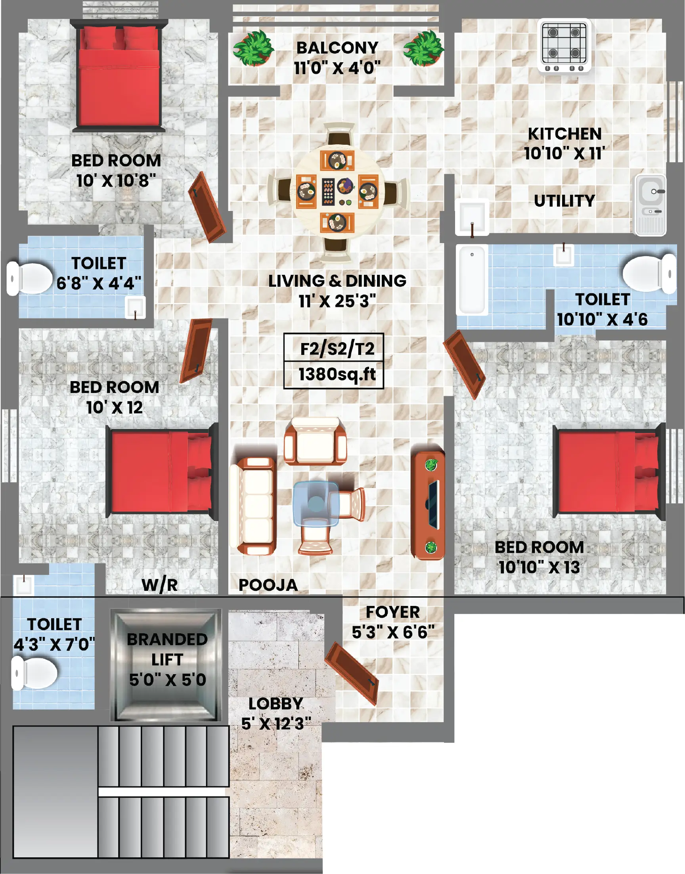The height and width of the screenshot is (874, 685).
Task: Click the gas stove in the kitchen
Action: point(564,46)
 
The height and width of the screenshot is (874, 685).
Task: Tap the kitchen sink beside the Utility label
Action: point(651,205)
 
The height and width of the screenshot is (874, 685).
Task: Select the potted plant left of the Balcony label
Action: point(253,48)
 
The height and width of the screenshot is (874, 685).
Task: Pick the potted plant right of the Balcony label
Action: point(423,48)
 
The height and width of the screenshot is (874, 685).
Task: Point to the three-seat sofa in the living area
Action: point(253,506)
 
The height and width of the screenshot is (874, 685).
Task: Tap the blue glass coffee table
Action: point(316,503)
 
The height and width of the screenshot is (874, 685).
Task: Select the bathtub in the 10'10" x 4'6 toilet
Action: point(473,280)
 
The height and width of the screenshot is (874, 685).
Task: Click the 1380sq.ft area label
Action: point(337,374)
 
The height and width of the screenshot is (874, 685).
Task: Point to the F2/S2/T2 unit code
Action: point(337,348)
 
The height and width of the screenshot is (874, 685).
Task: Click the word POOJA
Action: point(268,585)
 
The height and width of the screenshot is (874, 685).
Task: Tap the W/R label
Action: point(160,585)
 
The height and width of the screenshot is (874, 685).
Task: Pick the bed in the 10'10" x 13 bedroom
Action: point(609,471)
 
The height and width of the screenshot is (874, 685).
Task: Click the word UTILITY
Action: point(564,201)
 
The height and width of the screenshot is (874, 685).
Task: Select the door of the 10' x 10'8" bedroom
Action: point(207,207)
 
